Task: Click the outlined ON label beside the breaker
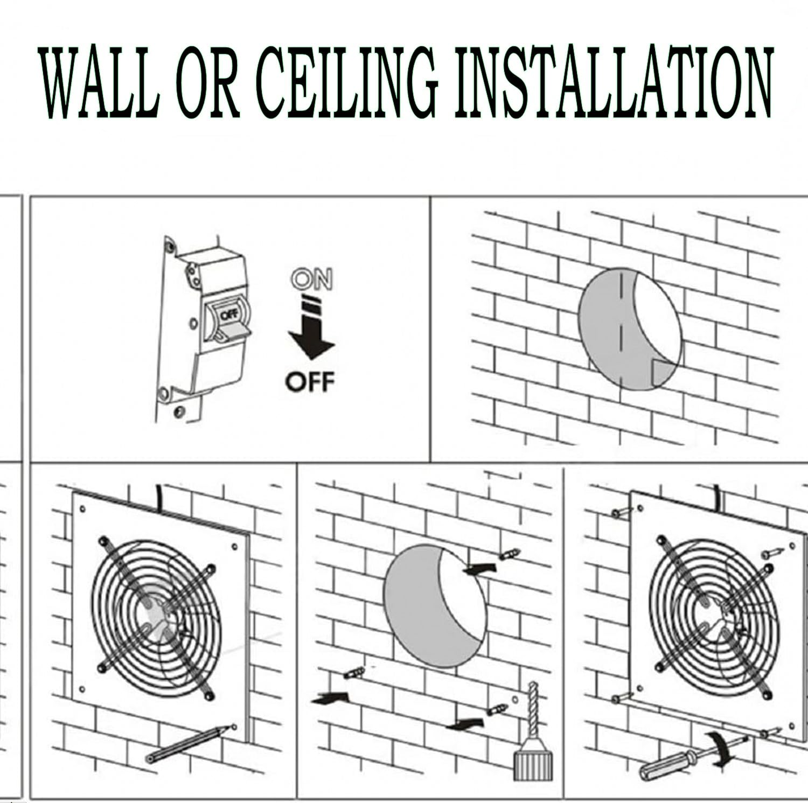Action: tap(311, 280)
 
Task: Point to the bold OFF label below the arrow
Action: tap(310, 382)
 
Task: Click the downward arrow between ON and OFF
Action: tap(311, 334)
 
